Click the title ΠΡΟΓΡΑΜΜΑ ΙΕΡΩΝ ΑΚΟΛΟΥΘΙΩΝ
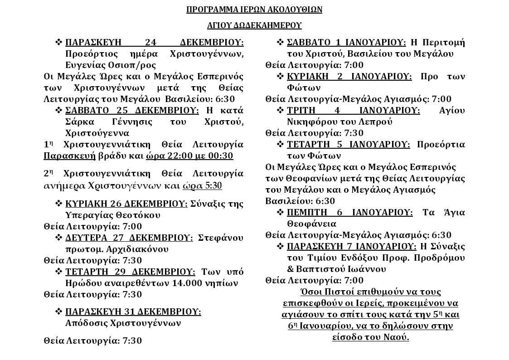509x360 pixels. click(254, 10)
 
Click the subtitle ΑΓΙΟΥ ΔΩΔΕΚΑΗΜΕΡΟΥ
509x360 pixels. click(254, 25)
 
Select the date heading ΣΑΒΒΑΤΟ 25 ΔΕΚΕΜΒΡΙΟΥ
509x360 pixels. click(132, 111)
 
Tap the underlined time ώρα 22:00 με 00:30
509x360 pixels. click(189, 156)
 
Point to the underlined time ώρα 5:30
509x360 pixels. click(202, 186)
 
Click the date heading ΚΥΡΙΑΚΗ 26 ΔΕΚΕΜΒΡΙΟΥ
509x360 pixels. click(126, 204)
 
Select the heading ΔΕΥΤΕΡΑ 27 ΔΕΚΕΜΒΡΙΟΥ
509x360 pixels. click(129, 238)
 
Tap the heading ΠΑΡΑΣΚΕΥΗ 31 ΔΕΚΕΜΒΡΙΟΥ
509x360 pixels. click(133, 312)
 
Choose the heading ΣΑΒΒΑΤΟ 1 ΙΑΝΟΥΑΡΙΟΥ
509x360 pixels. click(346, 43)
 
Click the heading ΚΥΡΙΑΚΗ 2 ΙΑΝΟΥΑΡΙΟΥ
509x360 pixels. click(349, 76)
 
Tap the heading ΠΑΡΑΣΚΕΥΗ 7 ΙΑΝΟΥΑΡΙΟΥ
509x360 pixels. click(352, 246)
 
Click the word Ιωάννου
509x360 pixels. click(368, 269)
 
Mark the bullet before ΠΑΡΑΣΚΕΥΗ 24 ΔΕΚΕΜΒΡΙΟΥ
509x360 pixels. click(59, 43)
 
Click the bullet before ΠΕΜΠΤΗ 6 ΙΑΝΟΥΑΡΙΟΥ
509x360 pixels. click(281, 212)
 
